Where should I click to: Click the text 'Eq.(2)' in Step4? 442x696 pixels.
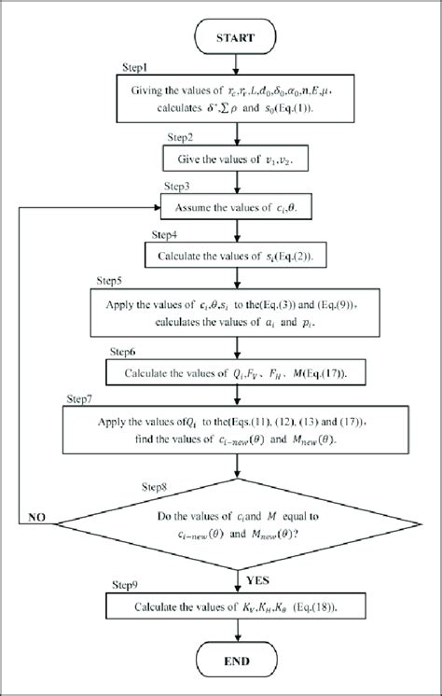tap(307, 253)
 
